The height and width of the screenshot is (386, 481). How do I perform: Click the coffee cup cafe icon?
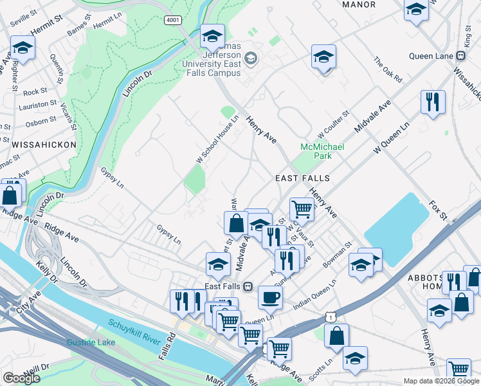coord(270,297)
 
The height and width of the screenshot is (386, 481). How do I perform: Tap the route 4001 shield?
coord(172,20)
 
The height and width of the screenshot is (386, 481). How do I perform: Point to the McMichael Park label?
coord(322,151)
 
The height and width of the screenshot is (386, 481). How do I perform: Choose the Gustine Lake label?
coord(91,342)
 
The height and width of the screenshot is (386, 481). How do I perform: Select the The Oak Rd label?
coord(388,70)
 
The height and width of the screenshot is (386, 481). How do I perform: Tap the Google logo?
coord(21,378)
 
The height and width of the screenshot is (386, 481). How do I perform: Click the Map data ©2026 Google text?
coord(441,381)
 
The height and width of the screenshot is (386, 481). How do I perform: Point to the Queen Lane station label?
coord(435,56)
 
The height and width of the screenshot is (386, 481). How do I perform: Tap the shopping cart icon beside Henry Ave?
coord(301,208)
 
